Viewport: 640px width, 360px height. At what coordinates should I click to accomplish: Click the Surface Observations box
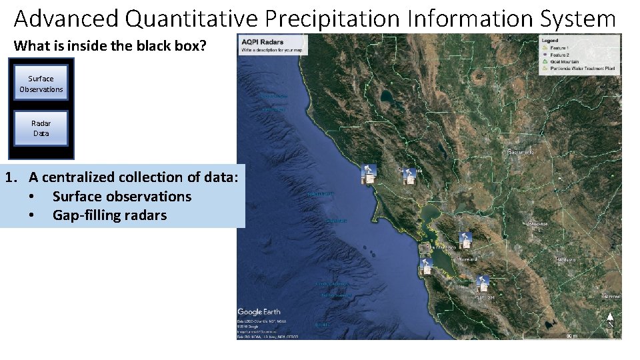41,83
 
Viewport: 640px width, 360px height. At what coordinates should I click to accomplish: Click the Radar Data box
41,128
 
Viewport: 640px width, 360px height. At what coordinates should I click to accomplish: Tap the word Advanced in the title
65,19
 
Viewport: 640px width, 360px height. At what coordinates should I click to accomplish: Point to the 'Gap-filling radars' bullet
109,215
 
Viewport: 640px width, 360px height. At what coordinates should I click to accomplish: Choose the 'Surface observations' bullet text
121,197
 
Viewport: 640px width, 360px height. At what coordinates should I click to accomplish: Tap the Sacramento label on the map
521,153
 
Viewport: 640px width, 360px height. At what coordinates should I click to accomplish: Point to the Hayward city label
467,259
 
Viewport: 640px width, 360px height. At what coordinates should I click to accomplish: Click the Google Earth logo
259,312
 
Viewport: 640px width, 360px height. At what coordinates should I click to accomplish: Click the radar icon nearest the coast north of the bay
367,174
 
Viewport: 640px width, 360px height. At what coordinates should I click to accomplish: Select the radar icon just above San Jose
482,283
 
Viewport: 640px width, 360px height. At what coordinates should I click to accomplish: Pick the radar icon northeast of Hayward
466,241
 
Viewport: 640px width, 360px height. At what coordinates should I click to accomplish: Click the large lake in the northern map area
387,97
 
